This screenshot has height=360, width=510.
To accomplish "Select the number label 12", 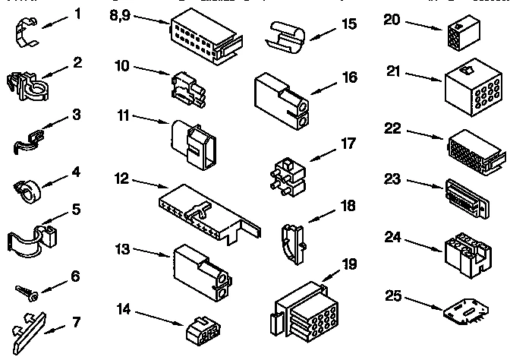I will click(121, 180).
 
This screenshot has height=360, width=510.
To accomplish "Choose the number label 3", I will click(77, 115).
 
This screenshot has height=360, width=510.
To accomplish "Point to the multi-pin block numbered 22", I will click(474, 151).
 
